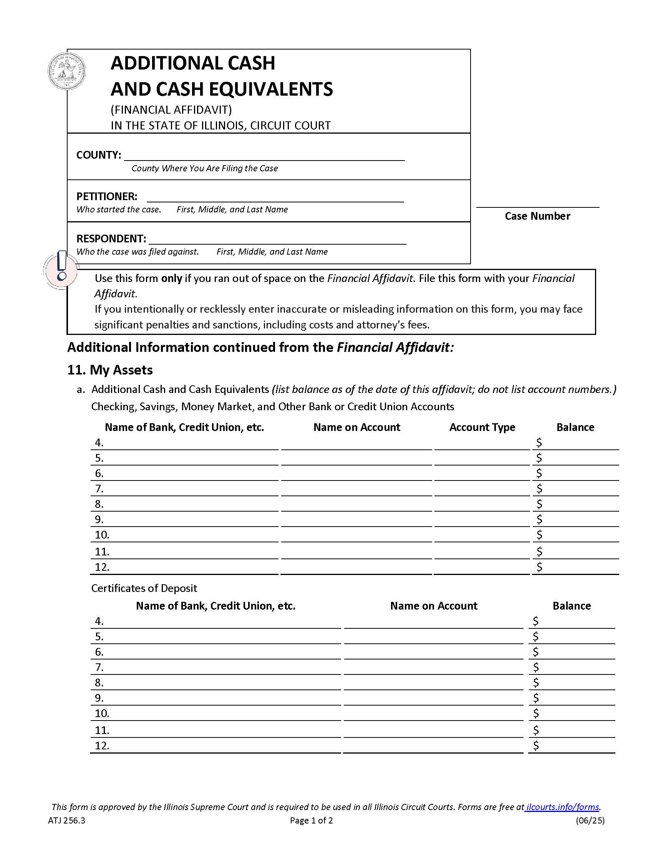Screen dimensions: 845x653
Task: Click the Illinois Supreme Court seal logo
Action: [x=66, y=72]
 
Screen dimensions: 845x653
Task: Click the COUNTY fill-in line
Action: [x=264, y=156]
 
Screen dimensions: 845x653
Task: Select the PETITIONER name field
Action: [x=275, y=197]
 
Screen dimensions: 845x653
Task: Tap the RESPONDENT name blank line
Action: [x=277, y=239]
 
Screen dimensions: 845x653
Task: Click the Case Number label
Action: [x=537, y=216]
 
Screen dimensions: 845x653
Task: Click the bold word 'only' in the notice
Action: [x=171, y=278]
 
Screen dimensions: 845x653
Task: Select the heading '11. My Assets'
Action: [x=110, y=370]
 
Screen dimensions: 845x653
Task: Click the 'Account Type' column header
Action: [x=482, y=427]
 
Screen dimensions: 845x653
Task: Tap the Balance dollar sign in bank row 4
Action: [x=539, y=442]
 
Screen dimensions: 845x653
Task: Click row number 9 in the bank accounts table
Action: [x=99, y=519]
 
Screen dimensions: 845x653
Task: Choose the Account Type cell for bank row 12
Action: [x=482, y=567]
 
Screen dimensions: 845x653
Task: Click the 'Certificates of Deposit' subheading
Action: [x=144, y=588]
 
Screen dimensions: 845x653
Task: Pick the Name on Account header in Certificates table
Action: [x=433, y=606]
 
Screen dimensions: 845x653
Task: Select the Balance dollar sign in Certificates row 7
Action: [x=535, y=667]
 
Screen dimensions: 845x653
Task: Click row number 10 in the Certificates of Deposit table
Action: [x=102, y=713]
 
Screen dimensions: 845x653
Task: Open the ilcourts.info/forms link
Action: [x=562, y=807]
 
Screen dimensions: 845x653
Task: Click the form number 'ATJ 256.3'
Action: [x=66, y=820]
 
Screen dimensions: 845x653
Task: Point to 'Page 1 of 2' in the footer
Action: [x=311, y=820]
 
